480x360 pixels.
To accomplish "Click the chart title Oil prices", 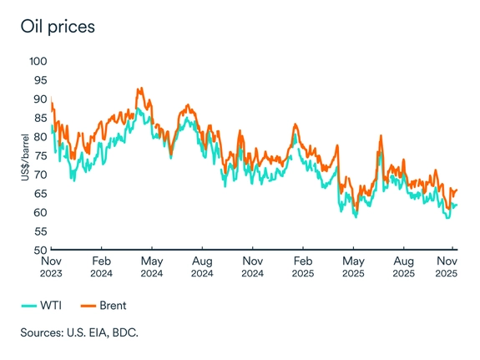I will pos(58,26).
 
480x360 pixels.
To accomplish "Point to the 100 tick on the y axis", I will pos(38,61).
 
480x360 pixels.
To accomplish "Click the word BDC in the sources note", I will pos(124,332).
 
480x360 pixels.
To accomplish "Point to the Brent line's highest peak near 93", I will pos(140,88).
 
